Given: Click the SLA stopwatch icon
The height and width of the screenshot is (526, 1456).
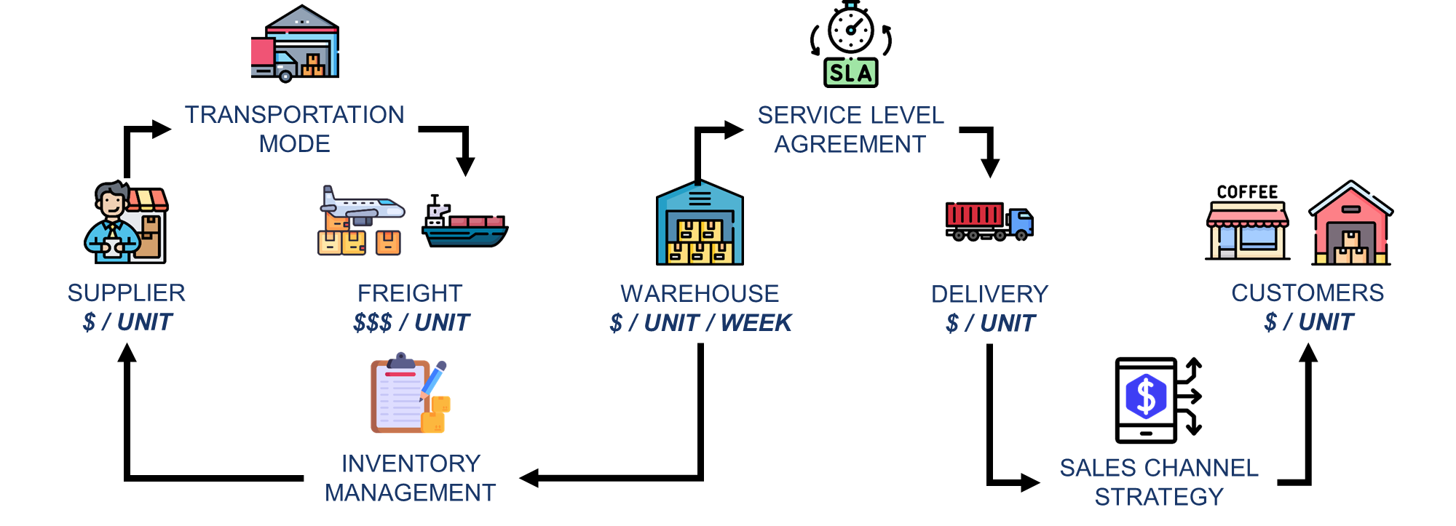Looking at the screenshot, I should (x=850, y=45).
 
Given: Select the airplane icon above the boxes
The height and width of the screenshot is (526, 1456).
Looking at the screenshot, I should (x=362, y=205).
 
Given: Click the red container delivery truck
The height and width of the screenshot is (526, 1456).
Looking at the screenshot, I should (x=989, y=221).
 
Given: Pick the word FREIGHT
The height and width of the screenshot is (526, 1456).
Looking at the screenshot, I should (x=410, y=293).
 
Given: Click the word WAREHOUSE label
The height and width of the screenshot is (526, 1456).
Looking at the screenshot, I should (x=700, y=294).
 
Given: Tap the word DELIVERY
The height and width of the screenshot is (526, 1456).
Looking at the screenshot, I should (x=989, y=294).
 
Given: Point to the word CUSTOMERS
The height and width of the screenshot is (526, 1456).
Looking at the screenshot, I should (x=1307, y=292).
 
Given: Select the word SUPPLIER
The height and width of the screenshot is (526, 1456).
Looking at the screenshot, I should (x=127, y=292).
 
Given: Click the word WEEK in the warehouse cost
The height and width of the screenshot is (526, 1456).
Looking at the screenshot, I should (x=756, y=323).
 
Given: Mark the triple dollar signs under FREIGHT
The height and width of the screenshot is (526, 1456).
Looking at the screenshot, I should (x=373, y=322).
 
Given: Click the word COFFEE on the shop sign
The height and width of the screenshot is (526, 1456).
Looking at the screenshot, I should (x=1247, y=192).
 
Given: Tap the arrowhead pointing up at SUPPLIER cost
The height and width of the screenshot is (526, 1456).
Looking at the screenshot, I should (x=127, y=353).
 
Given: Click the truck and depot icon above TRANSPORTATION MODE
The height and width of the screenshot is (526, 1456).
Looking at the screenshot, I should (x=295, y=44).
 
